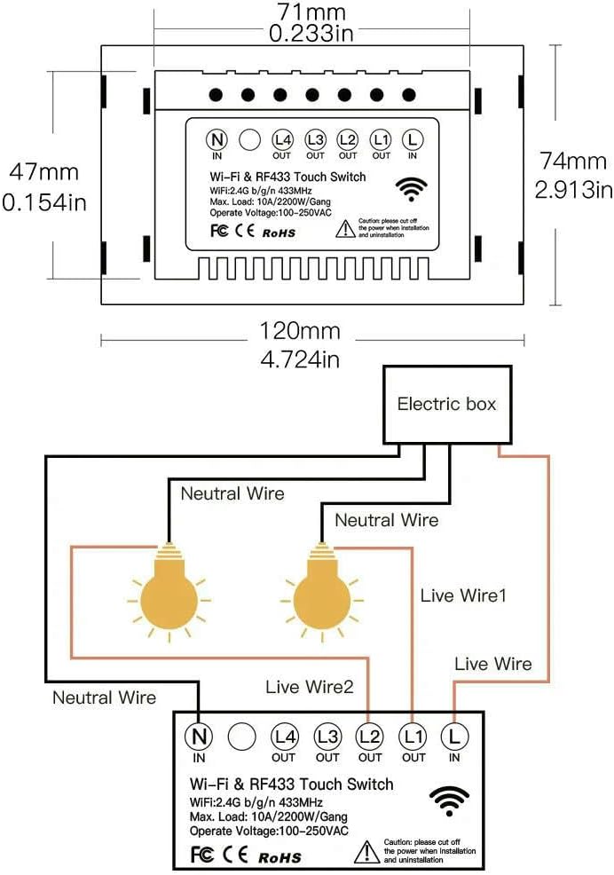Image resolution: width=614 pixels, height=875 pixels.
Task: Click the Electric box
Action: tap(446, 405)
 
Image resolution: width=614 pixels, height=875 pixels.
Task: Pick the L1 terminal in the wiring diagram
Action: tap(413, 736)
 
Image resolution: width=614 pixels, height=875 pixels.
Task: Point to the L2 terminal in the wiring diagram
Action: tap(370, 736)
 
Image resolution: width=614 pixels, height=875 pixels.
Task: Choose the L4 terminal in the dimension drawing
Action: tap(282, 139)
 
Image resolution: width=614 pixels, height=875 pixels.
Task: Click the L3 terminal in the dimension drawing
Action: tap(315, 139)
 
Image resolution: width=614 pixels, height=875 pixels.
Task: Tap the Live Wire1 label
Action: tap(463, 596)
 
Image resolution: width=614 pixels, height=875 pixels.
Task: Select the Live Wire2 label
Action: tap(310, 686)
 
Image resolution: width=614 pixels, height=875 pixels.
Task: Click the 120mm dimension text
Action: tap(300, 331)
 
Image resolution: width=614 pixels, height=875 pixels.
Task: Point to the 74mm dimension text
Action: tap(573, 161)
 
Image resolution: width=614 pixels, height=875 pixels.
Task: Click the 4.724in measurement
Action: tap(300, 360)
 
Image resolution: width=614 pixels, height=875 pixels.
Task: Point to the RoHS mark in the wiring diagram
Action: tap(279, 857)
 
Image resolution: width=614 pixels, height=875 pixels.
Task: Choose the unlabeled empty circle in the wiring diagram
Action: tap(241, 736)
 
